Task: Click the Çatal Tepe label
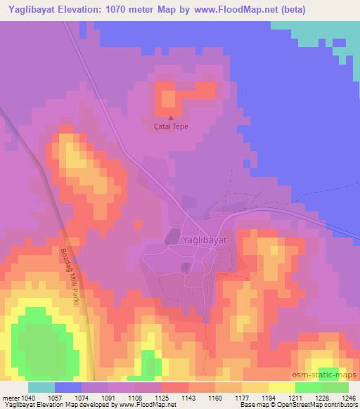point(172,127)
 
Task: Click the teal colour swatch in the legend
point(41,387)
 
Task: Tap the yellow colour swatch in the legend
point(281,387)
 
